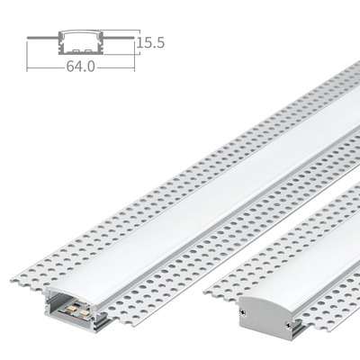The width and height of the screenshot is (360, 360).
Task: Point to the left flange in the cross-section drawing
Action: pos(41,39)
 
